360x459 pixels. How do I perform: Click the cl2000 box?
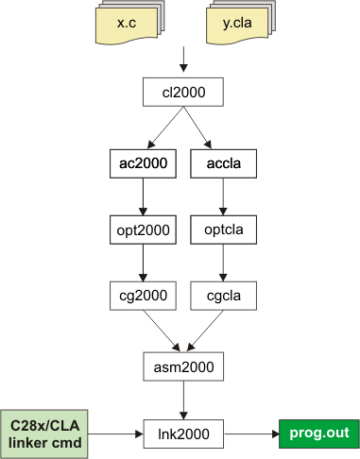183,93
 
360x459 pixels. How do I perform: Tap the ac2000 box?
143,162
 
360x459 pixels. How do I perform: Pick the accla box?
223,162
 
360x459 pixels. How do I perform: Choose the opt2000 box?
143,229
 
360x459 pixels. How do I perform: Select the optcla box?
223,229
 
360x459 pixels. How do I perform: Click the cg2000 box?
143,297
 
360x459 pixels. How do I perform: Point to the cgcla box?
223,297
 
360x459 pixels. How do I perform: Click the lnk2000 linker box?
183,433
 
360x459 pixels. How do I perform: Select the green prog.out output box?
318,433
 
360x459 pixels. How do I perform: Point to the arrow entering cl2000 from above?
183,69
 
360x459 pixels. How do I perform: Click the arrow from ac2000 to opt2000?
143,195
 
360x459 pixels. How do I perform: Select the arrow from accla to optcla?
223,195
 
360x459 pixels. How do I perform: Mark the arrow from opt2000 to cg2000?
143,263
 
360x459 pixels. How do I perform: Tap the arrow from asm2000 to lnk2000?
183,399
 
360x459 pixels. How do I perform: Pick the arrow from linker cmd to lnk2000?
111,433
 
